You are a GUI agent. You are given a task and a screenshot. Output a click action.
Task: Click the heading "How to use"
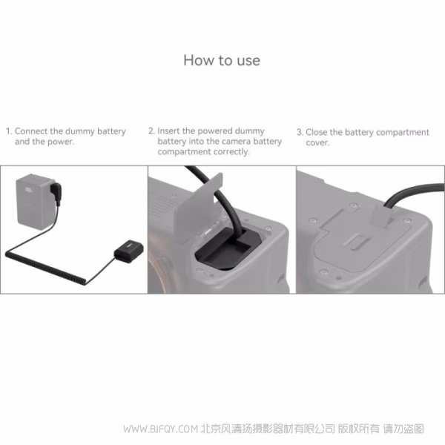(222, 60)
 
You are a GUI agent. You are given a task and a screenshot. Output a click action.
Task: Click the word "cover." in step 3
(317, 142)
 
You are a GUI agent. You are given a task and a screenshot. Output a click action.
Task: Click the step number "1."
(9, 131)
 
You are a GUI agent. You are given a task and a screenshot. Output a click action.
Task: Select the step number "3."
(300, 132)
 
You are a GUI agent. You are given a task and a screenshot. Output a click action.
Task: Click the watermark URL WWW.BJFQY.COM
(159, 429)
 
